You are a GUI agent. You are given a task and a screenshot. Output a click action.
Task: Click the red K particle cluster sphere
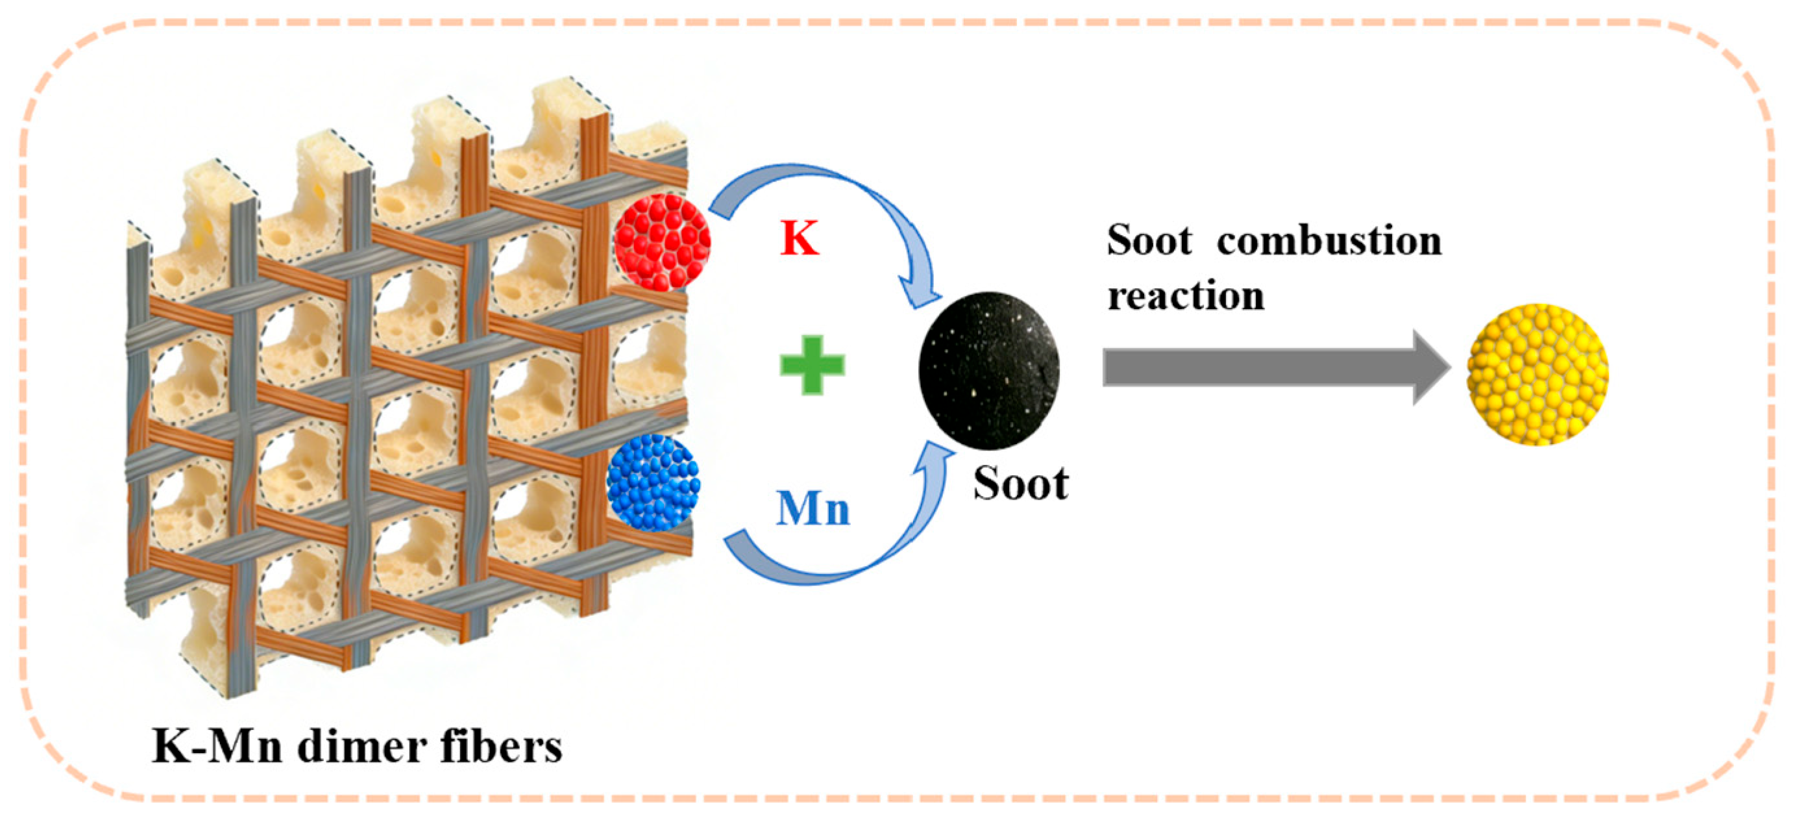[x=662, y=242]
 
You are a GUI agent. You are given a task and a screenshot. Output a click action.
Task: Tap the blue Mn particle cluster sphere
[x=653, y=482]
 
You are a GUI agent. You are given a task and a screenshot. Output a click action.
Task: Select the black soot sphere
[x=989, y=370]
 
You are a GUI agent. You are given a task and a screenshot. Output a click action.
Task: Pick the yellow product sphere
[x=1537, y=374]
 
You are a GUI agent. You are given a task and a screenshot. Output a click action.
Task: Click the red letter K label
[x=800, y=238]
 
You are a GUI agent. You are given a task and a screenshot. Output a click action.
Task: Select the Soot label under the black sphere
[x=1021, y=483]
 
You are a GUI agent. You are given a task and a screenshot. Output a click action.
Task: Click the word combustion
[x=1329, y=241]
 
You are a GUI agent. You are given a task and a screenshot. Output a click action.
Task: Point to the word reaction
[x=1186, y=296]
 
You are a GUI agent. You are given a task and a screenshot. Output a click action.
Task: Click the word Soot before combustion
[x=1149, y=241]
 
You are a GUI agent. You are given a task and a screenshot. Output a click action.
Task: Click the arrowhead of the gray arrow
[x=1430, y=367]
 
